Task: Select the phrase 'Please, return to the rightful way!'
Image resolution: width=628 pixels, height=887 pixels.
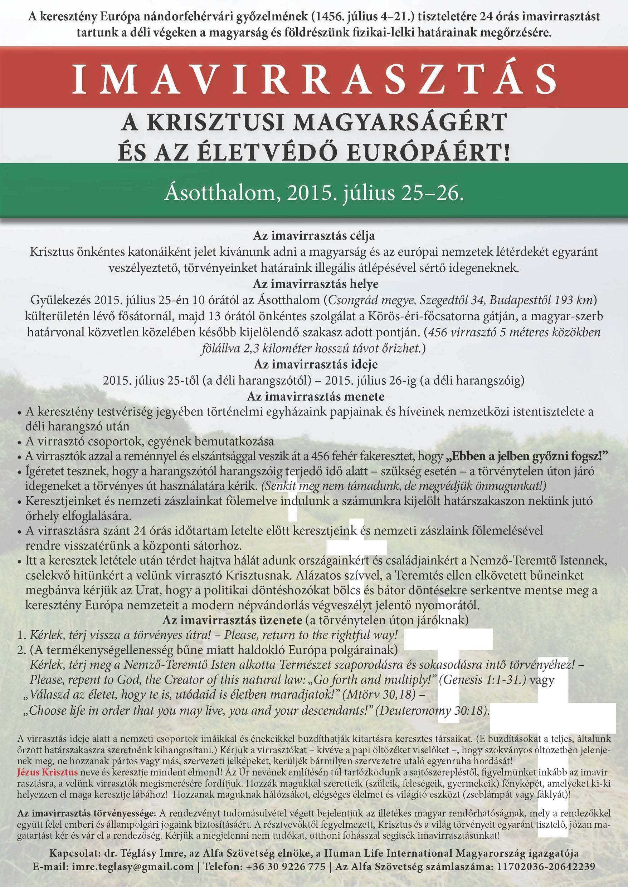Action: (x=311, y=635)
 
